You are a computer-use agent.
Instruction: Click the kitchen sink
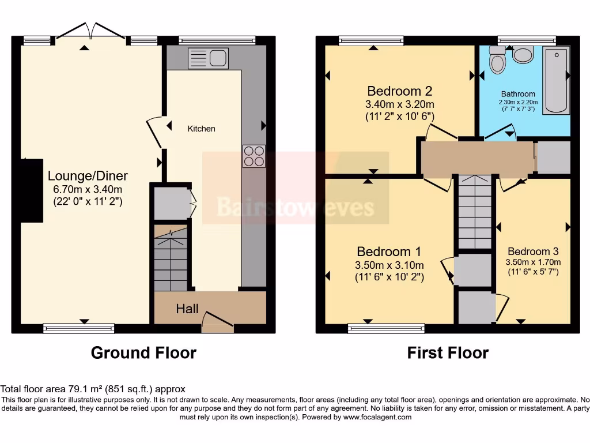pyautogui.click(x=208, y=58)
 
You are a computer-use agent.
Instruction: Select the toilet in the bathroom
pyautogui.click(x=496, y=60)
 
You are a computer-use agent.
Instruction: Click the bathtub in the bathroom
pyautogui.click(x=556, y=80)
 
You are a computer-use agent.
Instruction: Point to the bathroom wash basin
pyautogui.click(x=523, y=55)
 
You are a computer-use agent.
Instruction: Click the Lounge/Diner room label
pyautogui.click(x=88, y=176)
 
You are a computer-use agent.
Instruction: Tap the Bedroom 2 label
pyautogui.click(x=399, y=91)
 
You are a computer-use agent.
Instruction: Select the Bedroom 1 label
pyautogui.click(x=389, y=251)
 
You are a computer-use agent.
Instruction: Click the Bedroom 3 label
pyautogui.click(x=533, y=251)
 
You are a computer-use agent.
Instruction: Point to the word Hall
pyautogui.click(x=187, y=309)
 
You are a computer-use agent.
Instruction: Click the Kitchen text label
pyautogui.click(x=202, y=129)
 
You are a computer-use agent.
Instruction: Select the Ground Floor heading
pyautogui.click(x=143, y=352)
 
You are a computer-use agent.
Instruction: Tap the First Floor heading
pyautogui.click(x=448, y=352)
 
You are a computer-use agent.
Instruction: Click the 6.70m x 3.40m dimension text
pyautogui.click(x=88, y=189)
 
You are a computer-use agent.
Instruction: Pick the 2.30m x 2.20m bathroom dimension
pyautogui.click(x=517, y=102)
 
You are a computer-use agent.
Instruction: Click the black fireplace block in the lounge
pyautogui.click(x=33, y=190)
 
